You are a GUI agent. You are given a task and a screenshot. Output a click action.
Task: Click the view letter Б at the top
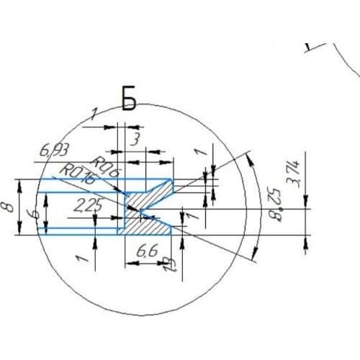coord(129,101)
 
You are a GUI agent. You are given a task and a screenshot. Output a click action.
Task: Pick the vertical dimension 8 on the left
coord(9,207)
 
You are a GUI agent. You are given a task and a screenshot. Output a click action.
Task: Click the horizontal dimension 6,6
coord(147,251)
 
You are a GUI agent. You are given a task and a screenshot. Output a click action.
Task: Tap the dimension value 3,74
coord(294,174)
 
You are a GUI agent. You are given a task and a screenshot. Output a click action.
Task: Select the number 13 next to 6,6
coord(169,264)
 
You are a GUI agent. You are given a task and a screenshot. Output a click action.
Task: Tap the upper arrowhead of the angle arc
coord(248,157)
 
